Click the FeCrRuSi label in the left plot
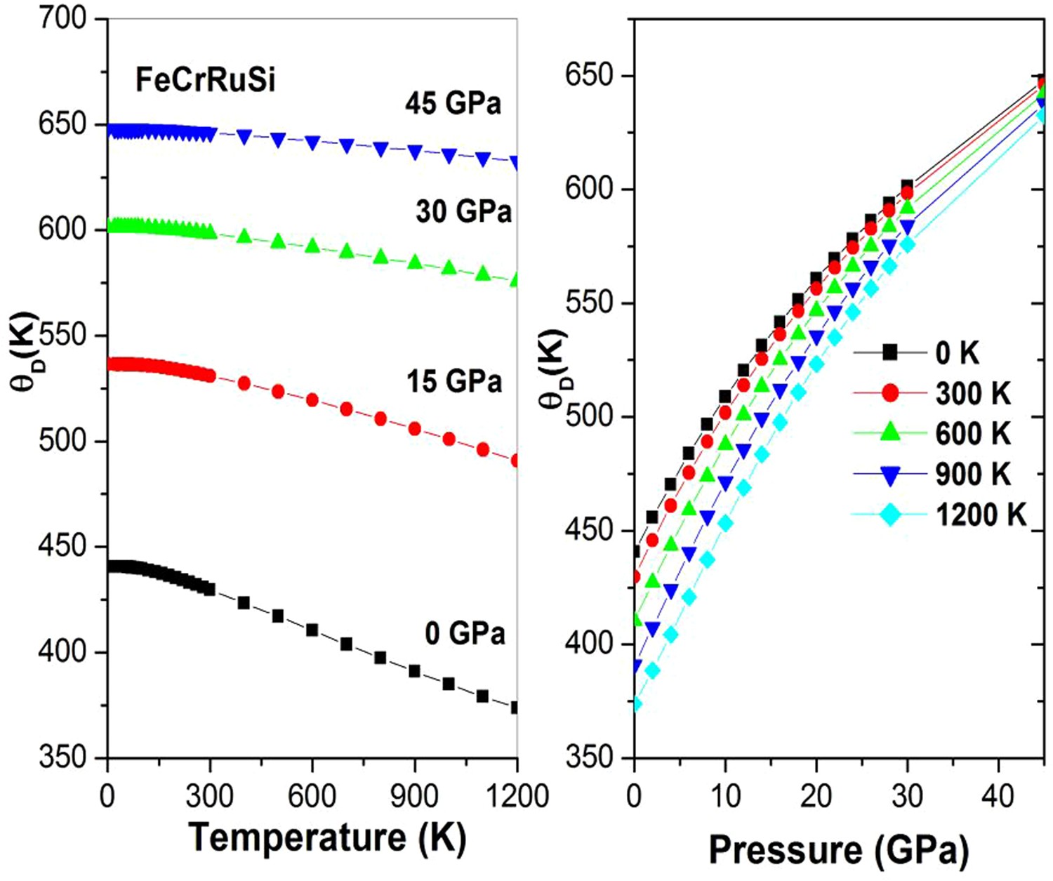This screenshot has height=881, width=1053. (205, 80)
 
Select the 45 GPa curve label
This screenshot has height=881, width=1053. (453, 104)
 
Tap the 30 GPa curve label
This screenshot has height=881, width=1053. (463, 211)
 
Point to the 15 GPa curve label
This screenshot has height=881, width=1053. (454, 381)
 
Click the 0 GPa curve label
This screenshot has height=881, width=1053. (465, 633)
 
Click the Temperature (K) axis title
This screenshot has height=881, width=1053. (327, 837)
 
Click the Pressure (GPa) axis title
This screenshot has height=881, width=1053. (839, 849)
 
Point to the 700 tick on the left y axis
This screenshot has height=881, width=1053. (62, 19)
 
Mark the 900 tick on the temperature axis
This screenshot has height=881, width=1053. (415, 796)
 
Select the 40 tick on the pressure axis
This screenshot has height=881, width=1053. (998, 796)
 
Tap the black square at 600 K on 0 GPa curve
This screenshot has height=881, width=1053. (312, 630)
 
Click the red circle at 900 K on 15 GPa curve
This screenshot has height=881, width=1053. (415, 429)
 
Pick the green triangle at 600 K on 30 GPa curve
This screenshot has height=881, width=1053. (312, 246)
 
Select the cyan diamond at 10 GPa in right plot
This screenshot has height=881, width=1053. (725, 523)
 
